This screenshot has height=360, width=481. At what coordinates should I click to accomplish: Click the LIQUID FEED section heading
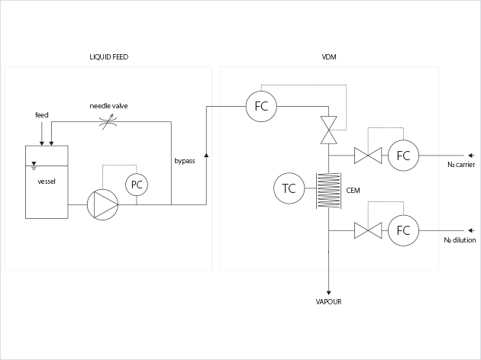(108, 58)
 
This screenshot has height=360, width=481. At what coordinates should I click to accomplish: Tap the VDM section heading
(329, 58)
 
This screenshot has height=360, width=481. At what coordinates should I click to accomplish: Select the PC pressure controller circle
(137, 185)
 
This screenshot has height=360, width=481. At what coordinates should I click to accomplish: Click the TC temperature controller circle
(289, 189)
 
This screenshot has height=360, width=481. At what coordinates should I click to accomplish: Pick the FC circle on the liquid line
(261, 107)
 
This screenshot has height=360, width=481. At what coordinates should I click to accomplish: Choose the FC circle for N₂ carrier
(403, 156)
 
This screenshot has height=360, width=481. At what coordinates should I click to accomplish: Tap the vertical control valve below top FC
(328, 130)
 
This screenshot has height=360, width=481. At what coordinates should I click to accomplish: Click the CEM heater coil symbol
(328, 189)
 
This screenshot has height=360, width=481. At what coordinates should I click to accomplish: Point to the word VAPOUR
(328, 302)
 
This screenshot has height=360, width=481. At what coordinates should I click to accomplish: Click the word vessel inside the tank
(47, 181)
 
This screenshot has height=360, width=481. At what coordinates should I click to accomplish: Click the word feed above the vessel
(42, 114)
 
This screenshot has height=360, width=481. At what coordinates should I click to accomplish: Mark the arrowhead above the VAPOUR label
(328, 291)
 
